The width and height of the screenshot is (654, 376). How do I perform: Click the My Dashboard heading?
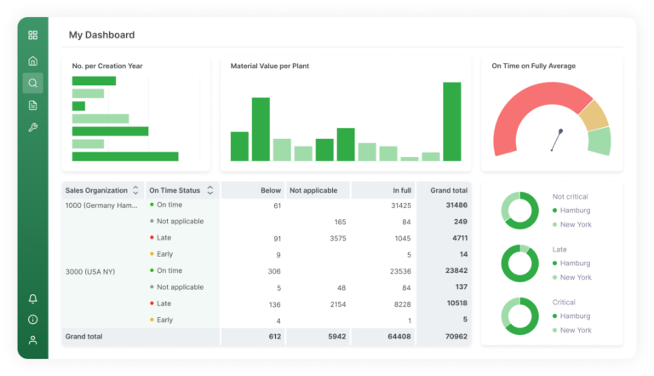(x=101, y=35)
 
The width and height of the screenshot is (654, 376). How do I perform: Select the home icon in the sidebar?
(x=32, y=61)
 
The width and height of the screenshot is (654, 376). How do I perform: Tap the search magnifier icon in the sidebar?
(x=32, y=83)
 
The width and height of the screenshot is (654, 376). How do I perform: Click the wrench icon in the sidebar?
(x=32, y=127)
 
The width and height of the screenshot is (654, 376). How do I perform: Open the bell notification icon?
(x=32, y=298)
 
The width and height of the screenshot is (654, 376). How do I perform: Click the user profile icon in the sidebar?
(x=32, y=339)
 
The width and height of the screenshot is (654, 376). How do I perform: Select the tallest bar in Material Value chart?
(x=451, y=121)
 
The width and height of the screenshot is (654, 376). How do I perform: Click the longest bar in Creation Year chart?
(x=125, y=156)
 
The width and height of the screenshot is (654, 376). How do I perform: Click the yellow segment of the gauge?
(x=593, y=115)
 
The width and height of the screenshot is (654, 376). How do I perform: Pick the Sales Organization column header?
(x=96, y=190)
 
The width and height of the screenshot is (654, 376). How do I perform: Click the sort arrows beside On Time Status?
(x=209, y=190)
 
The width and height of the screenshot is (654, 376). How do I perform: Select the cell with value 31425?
(x=400, y=205)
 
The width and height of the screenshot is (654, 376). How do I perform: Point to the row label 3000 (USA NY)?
(x=90, y=271)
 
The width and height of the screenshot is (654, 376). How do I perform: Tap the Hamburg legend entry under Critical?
(x=575, y=316)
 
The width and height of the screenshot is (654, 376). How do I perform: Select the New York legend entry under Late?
(x=575, y=277)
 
